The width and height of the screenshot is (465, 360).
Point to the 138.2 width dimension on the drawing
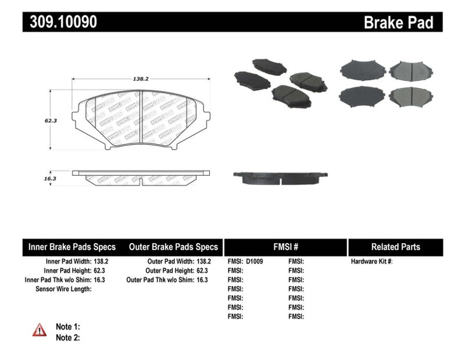click(140, 78)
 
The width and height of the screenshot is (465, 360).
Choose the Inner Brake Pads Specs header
click(72, 247)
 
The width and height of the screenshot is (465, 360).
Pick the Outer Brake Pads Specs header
click(173, 247)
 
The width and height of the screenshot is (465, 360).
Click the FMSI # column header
click(285, 247)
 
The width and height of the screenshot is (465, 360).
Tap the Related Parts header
click(395, 247)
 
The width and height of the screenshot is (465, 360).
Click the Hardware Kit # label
click(371, 262)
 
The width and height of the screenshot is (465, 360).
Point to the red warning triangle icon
click(40, 330)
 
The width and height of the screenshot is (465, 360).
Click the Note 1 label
click(68, 327)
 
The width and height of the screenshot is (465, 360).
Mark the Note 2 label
click(68, 337)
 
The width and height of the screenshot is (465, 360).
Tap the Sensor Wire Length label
click(63, 289)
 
